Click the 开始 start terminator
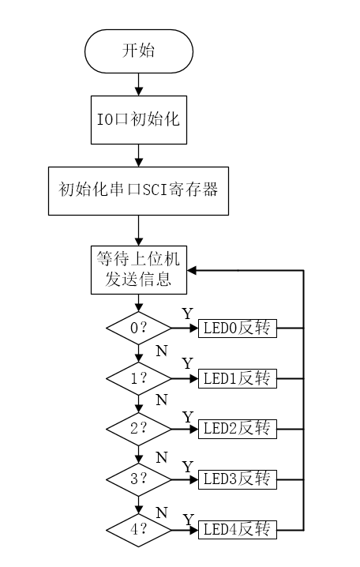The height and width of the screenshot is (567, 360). click(x=138, y=52)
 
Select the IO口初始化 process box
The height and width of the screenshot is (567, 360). click(x=138, y=120)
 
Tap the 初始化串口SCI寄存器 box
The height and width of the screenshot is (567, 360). click(x=138, y=190)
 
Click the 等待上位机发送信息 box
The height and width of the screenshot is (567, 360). click(x=138, y=270)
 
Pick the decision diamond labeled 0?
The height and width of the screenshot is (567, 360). click(x=138, y=328)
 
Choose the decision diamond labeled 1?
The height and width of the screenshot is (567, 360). click(x=138, y=378)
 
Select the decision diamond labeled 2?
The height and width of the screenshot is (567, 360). click(x=138, y=429)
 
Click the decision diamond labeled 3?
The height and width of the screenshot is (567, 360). click(x=138, y=479)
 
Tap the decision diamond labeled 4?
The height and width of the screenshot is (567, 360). click(x=138, y=529)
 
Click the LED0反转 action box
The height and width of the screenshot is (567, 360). click(x=238, y=328)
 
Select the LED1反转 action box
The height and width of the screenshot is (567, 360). click(x=238, y=378)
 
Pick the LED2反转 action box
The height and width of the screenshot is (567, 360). click(x=238, y=429)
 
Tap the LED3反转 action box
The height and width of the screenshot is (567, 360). click(x=238, y=479)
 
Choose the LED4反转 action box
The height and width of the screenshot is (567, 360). click(x=238, y=529)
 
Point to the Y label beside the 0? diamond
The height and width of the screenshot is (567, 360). click(x=187, y=314)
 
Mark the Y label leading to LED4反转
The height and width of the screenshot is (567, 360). click(x=188, y=518)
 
